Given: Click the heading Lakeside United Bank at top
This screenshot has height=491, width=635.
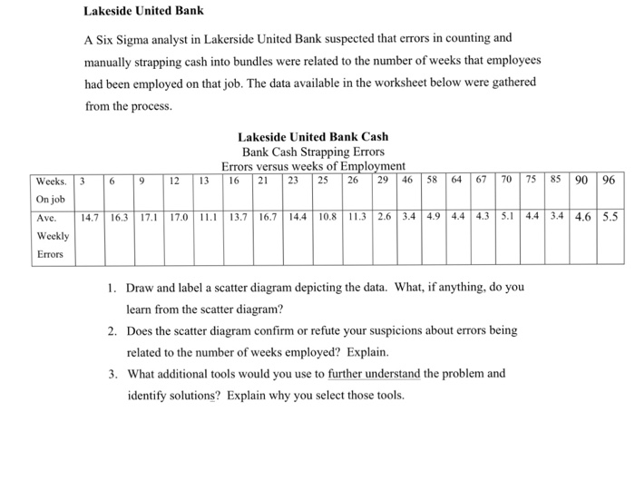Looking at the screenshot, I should pyautogui.click(x=143, y=12).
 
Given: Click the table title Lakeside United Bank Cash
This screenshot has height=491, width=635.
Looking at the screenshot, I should pyautogui.click(x=313, y=137).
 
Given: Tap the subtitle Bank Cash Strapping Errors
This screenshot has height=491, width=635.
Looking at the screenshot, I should pyautogui.click(x=313, y=152).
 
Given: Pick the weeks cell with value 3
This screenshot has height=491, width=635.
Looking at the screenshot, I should pyautogui.click(x=83, y=180).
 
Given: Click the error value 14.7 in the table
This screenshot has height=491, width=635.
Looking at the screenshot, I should pyautogui.click(x=90, y=218).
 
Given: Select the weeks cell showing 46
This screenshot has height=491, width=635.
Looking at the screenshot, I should pyautogui.click(x=408, y=180).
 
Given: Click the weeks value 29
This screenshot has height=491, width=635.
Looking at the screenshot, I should pyautogui.click(x=384, y=180).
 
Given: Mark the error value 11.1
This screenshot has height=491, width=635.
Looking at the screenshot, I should pyautogui.click(x=209, y=218).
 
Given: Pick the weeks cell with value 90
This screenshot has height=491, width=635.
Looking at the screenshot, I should pyautogui.click(x=583, y=180).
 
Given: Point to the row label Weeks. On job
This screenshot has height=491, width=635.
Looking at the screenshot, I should pyautogui.click(x=51, y=188).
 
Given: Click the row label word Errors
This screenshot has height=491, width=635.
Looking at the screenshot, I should pyautogui.click(x=51, y=253).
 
